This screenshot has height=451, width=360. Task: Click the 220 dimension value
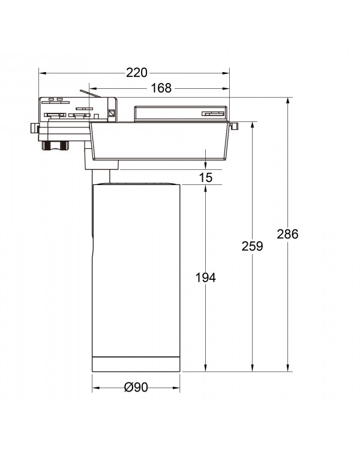(137, 73)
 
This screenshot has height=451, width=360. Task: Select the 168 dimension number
(161, 88)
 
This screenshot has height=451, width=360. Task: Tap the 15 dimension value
(206, 178)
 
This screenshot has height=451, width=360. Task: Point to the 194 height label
(205, 277)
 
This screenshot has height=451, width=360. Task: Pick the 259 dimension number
(252, 246)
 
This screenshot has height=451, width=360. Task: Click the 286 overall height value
(287, 234)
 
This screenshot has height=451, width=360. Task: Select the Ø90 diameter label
(136, 387)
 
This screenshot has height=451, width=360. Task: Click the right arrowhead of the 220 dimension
(226, 73)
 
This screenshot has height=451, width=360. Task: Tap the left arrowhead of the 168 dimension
(93, 88)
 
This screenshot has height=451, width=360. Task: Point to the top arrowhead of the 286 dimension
(288, 101)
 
